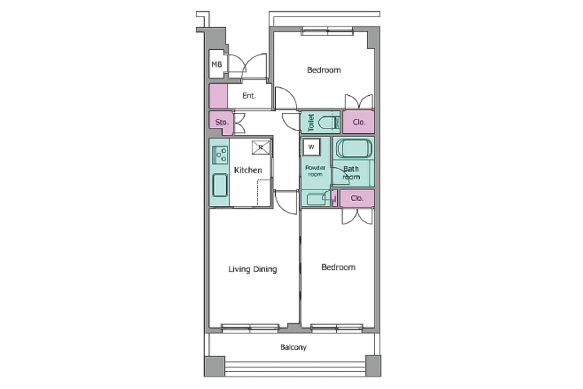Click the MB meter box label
217,64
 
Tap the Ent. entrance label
249,96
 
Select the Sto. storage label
222,122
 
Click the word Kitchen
248,170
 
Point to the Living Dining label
253,269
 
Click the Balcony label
293,347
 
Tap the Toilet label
311,123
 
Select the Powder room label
315,171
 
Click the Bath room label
351,173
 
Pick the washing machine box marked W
311,147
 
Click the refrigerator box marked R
261,147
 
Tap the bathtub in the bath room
354,148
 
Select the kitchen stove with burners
220,155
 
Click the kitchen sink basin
220,185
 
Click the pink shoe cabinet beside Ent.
218,96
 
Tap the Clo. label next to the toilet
359,122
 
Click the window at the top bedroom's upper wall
327,31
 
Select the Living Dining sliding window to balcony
250,328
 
